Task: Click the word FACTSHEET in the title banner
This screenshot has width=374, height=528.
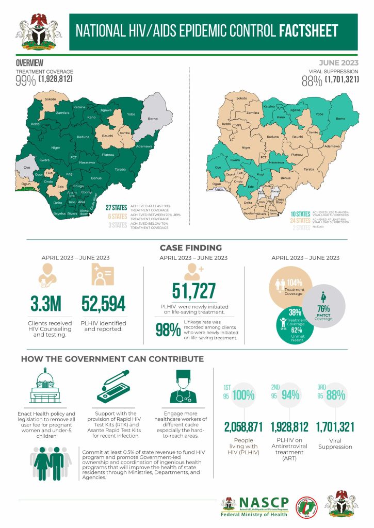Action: tap(308, 31)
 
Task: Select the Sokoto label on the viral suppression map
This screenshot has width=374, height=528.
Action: tap(240, 98)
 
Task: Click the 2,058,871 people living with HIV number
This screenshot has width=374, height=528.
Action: tap(243, 427)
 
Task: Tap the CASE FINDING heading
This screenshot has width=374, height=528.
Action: tap(190, 247)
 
